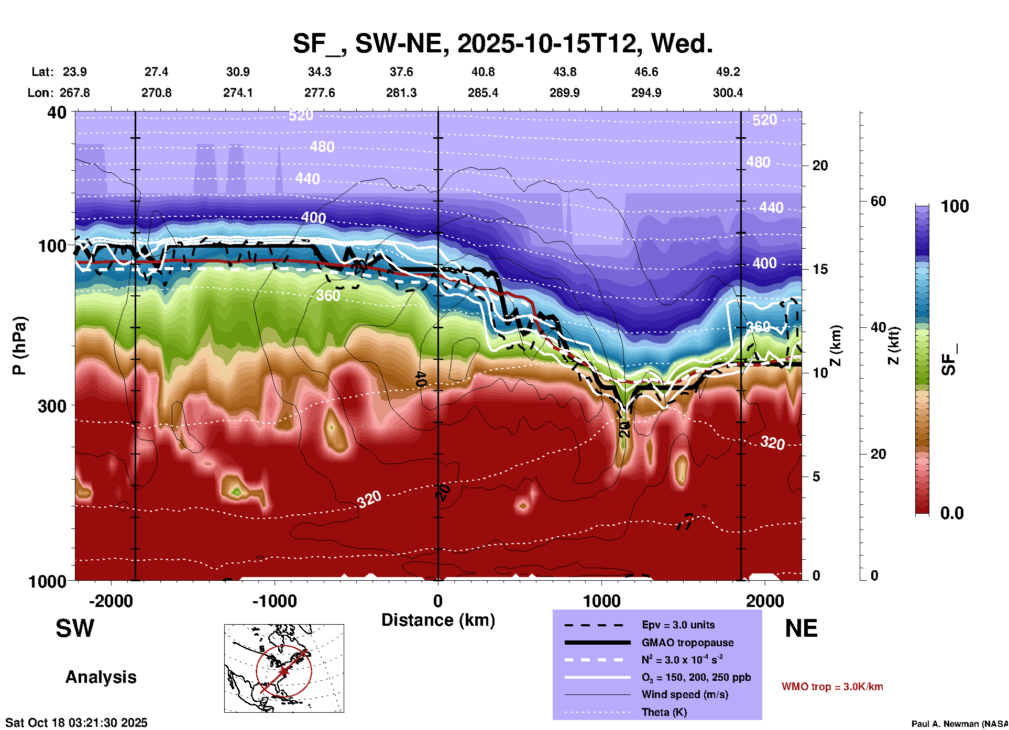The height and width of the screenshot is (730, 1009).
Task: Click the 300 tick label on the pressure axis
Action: coord(52,406)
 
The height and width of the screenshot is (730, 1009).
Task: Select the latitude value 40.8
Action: coord(482,72)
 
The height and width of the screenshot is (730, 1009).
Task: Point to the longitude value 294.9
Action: coord(645,93)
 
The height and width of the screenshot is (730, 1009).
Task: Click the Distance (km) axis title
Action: coord(438,620)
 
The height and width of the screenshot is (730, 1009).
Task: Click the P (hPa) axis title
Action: coord(19,345)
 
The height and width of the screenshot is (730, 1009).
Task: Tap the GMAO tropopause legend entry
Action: coord(687,643)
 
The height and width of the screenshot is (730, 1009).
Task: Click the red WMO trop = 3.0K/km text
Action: coord(832,687)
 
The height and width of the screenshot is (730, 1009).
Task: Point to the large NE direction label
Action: coord(801,628)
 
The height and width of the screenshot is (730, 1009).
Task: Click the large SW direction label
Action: coord(75,628)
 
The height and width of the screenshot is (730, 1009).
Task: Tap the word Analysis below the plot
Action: coord(101,677)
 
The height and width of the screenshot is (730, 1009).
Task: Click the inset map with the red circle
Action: coord(284,668)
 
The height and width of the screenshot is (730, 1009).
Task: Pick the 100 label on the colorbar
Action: coord(955,206)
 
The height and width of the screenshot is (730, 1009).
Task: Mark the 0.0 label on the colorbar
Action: coord(951,513)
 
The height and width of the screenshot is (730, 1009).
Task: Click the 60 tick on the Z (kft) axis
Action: coord(878,201)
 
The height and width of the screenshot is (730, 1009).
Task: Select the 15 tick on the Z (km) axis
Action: coord(820,269)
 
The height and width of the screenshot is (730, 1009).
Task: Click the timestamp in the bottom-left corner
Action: coord(76,723)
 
